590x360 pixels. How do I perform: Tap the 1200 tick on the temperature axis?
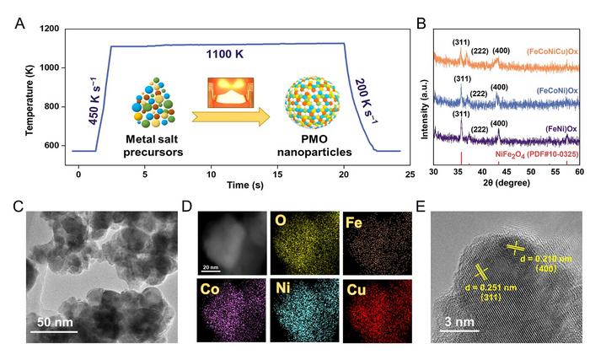click(49, 30)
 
